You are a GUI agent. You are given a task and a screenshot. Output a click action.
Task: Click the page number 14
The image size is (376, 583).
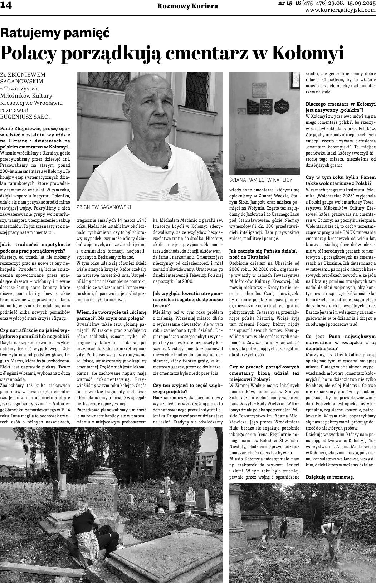7,6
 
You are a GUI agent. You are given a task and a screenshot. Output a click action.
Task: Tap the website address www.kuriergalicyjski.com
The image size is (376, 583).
340,10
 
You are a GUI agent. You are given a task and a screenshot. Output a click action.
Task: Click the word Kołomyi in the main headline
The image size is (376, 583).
308,53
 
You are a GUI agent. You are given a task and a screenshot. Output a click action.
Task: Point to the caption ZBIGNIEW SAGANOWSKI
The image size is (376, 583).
104,207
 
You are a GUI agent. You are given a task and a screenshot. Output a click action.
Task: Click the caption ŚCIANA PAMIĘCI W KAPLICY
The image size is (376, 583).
261,180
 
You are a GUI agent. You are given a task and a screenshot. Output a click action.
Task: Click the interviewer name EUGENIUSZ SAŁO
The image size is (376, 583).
25,117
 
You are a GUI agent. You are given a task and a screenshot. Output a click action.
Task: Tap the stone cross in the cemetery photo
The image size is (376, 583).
167,486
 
